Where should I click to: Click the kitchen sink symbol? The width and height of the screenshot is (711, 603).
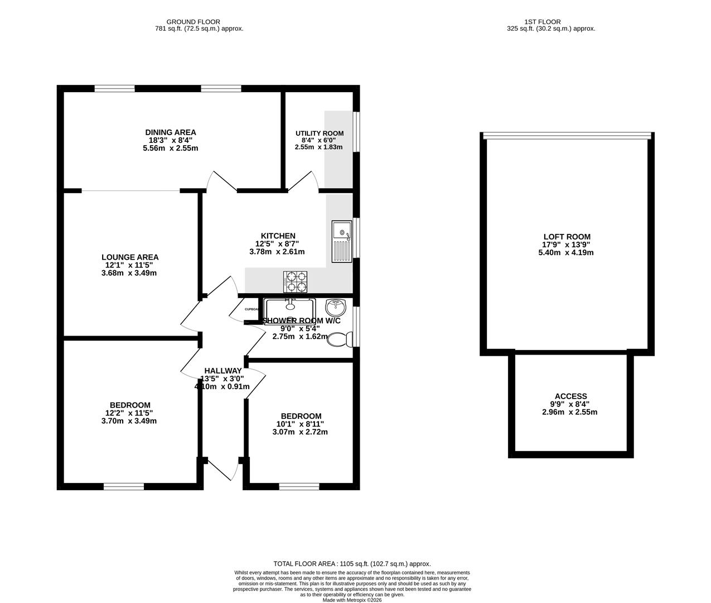(x=342, y=241)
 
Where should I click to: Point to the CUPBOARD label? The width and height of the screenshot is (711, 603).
(x=251, y=309)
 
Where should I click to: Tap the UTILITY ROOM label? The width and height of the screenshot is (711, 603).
(x=319, y=133)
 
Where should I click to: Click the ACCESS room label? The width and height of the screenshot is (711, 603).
(x=570, y=396)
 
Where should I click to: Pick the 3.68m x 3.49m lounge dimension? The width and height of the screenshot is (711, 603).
(x=129, y=273)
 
